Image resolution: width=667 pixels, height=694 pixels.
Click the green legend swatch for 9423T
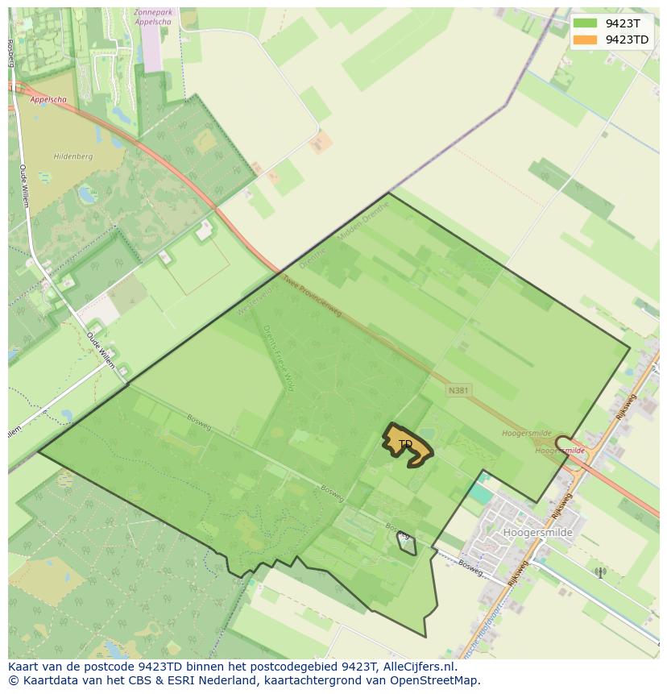coord(586,23)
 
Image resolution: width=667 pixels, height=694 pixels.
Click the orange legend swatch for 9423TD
coord(586,39)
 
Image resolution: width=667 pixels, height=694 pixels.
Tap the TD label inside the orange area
coord(406,444)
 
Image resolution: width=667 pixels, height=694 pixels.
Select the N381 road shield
coord(458,391)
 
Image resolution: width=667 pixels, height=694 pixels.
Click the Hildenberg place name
coord(73,156)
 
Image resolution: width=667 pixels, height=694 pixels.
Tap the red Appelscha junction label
coord(48,100)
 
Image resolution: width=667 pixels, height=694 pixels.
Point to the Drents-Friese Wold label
coord(279,359)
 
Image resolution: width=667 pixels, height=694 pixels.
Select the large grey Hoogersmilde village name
coord(537,533)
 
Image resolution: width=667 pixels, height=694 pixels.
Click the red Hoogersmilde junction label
coord(561,451)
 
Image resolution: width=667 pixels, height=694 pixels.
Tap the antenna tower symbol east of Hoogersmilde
coord(599,572)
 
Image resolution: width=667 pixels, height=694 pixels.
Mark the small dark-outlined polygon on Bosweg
coord(408,545)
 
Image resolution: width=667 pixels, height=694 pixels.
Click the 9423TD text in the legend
coord(627,39)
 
